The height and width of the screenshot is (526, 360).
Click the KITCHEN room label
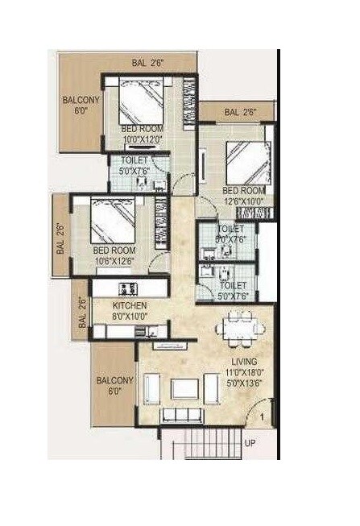click(x=129, y=307)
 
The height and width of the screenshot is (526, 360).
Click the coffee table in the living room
click(x=184, y=389)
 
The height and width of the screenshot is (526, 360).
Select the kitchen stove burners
click(x=127, y=288)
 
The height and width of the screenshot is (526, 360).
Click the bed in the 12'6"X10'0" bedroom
click(x=244, y=162)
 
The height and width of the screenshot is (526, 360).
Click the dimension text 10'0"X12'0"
click(x=142, y=139)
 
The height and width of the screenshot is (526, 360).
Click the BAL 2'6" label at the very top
click(x=150, y=62)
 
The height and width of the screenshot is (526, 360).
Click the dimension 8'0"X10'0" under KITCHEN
click(x=130, y=317)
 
